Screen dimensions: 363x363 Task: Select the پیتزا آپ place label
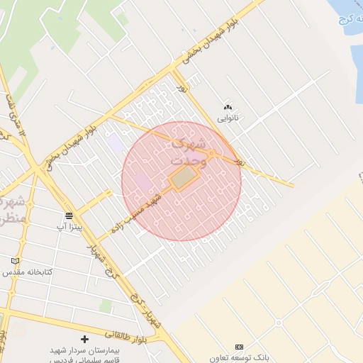(x=69, y=227)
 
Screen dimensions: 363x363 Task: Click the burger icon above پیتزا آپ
(x=69, y=216)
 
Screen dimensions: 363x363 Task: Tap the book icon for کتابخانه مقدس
(x=16, y=261)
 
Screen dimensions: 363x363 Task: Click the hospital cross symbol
(x=85, y=340)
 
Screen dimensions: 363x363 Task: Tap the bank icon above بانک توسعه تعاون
(x=239, y=347)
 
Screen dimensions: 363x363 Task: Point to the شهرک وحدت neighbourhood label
(x=189, y=152)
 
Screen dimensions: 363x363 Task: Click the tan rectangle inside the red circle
(x=183, y=177)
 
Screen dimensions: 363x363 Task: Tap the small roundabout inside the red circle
(x=211, y=154)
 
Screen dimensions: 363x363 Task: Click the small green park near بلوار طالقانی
(x=106, y=306)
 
